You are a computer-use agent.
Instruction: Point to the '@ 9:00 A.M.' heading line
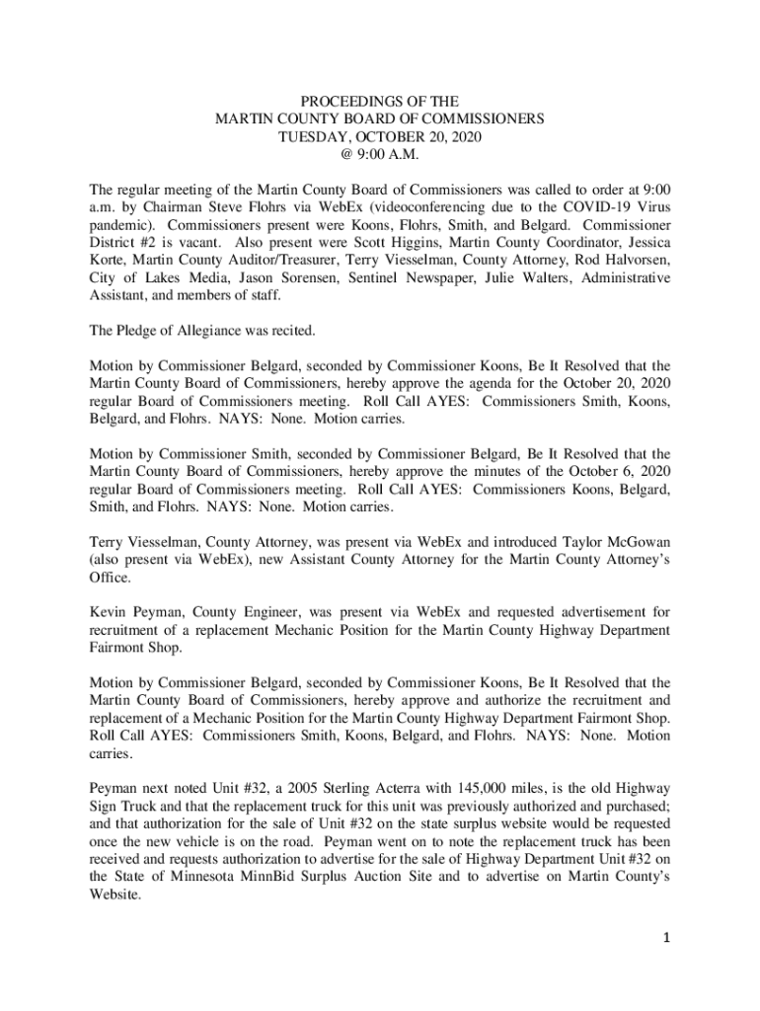click(379, 154)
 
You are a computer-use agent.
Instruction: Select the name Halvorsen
click(637, 261)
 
